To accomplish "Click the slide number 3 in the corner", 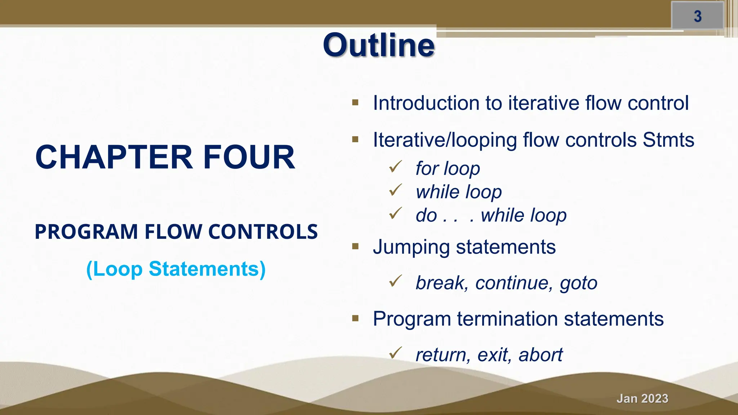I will pyautogui.click(x=698, y=16).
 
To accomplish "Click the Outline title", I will pyautogui.click(x=379, y=45).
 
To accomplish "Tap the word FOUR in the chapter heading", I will pyautogui.click(x=249, y=157).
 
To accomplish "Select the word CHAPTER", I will pyautogui.click(x=114, y=157).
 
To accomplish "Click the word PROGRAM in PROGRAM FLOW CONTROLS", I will pyautogui.click(x=86, y=232).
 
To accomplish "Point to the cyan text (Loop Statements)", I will pyautogui.click(x=176, y=269).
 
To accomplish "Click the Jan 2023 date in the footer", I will pyautogui.click(x=642, y=398).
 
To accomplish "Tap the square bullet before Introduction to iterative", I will pyautogui.click(x=355, y=103).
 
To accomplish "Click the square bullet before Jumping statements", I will pyautogui.click(x=355, y=246).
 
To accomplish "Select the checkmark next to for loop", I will pyautogui.click(x=395, y=166).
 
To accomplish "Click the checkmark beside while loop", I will pyautogui.click(x=395, y=190).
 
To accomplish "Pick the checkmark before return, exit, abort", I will pyautogui.click(x=395, y=353).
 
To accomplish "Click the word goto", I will pyautogui.click(x=578, y=283).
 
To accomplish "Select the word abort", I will pyautogui.click(x=540, y=355).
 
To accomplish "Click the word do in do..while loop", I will pyautogui.click(x=426, y=215).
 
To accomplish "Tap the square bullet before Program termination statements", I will pyautogui.click(x=355, y=318).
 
